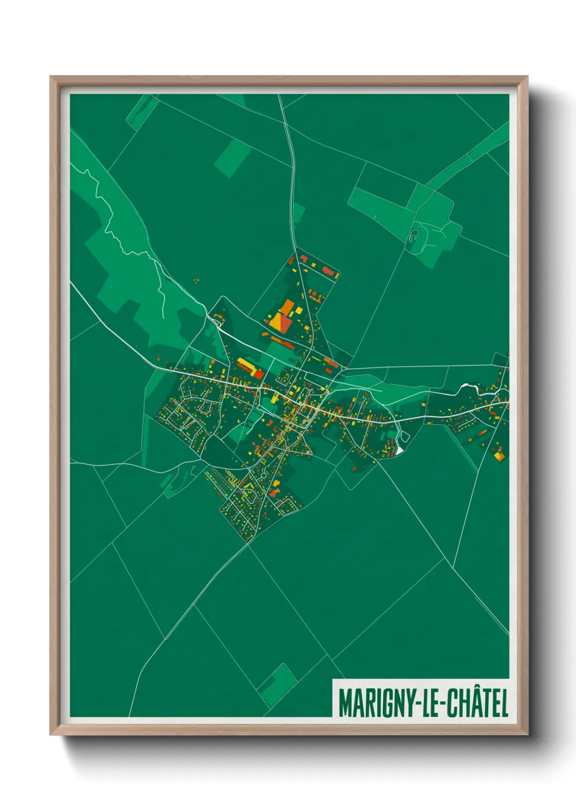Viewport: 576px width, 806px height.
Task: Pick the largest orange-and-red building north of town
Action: (281, 321)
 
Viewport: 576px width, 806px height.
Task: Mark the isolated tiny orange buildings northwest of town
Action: (196, 281)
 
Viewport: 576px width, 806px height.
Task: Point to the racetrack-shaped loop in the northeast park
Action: (414, 236)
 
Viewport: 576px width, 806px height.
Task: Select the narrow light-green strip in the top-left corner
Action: (141, 111)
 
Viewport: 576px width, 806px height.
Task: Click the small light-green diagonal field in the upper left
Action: (232, 158)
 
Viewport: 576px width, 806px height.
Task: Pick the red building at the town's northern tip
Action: (303, 257)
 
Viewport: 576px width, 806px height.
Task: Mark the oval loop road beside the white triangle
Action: (404, 436)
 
